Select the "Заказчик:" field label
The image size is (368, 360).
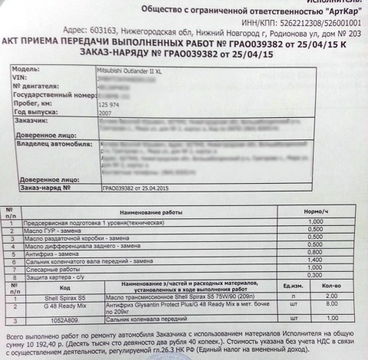[x=32, y=120]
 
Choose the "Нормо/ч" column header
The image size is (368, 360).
[x=315, y=210]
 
